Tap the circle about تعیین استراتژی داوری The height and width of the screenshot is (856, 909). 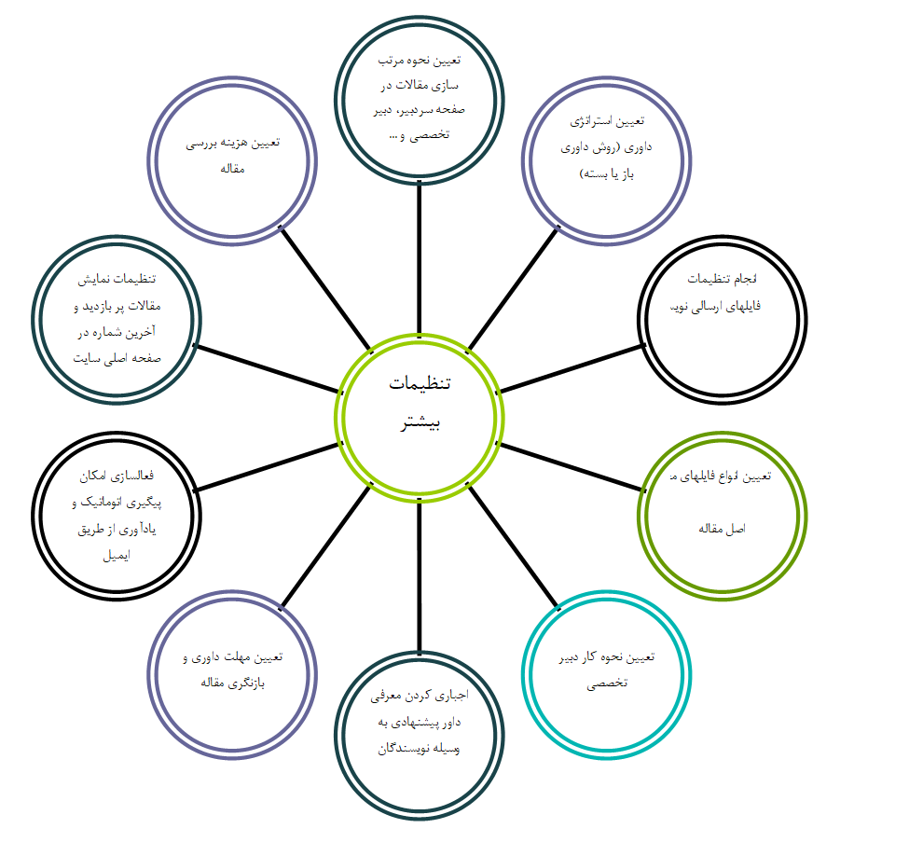click(x=608, y=160)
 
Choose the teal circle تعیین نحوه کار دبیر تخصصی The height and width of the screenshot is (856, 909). click(x=607, y=669)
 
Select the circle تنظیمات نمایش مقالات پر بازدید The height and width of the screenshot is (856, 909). click(x=117, y=319)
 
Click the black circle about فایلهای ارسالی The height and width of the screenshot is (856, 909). click(x=723, y=319)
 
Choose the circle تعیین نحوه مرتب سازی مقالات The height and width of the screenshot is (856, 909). click(x=420, y=97)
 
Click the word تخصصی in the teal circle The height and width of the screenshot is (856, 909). click(x=607, y=683)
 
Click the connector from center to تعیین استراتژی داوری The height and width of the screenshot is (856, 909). click(x=512, y=289)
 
